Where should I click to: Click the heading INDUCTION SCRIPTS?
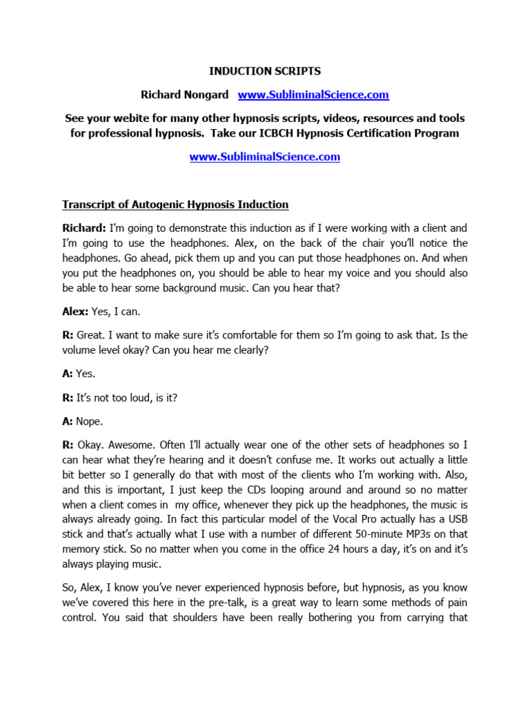coord(265,70)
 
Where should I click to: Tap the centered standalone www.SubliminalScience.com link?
coord(265,157)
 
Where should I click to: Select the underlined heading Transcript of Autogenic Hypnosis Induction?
coord(175,205)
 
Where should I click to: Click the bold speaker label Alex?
coord(75,311)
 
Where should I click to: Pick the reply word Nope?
coord(90,419)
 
